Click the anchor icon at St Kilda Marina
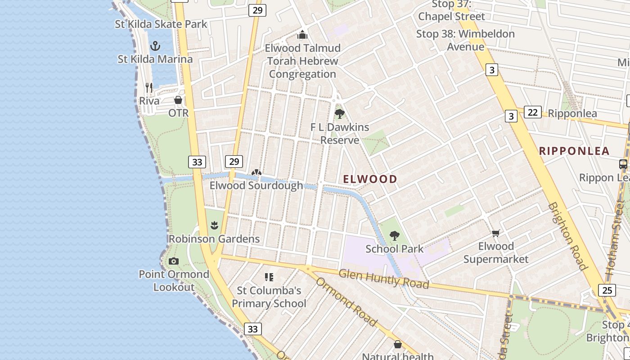[x=155, y=45]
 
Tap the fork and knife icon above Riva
[x=149, y=87]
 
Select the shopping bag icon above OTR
[x=178, y=99]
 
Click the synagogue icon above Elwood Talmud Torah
[x=303, y=35]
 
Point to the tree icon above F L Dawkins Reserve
[x=340, y=113]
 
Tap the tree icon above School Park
[x=395, y=235]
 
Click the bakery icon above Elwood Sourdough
[x=256, y=172]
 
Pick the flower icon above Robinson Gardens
[x=215, y=225]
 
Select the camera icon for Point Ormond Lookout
[x=174, y=261]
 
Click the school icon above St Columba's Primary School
[x=269, y=277]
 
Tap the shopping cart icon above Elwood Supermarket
[x=496, y=233]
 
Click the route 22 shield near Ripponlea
[x=532, y=112]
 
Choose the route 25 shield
[x=607, y=290]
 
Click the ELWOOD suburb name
[x=370, y=179]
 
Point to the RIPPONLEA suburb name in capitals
[x=574, y=151]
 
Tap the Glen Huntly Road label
[x=383, y=279]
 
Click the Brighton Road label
[x=568, y=236]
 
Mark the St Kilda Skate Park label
[x=161, y=24]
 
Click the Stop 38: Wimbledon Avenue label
[x=465, y=40]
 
